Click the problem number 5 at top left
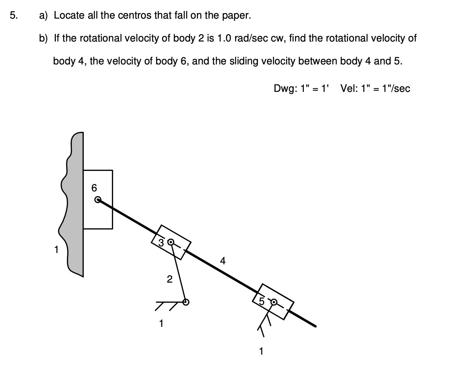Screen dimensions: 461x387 13,15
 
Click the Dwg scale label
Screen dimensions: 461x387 301,89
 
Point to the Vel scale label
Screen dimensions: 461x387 375,89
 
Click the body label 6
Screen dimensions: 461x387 94,188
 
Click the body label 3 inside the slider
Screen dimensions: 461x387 161,243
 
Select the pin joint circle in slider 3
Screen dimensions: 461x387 171,242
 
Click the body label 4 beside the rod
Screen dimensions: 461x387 223,261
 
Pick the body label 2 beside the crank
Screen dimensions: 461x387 169,279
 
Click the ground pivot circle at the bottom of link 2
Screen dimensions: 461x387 186,302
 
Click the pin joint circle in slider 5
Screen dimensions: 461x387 274,302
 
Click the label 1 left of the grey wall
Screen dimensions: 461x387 56,250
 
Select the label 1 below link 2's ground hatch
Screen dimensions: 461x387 161,323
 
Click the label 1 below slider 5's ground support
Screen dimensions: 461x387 261,351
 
